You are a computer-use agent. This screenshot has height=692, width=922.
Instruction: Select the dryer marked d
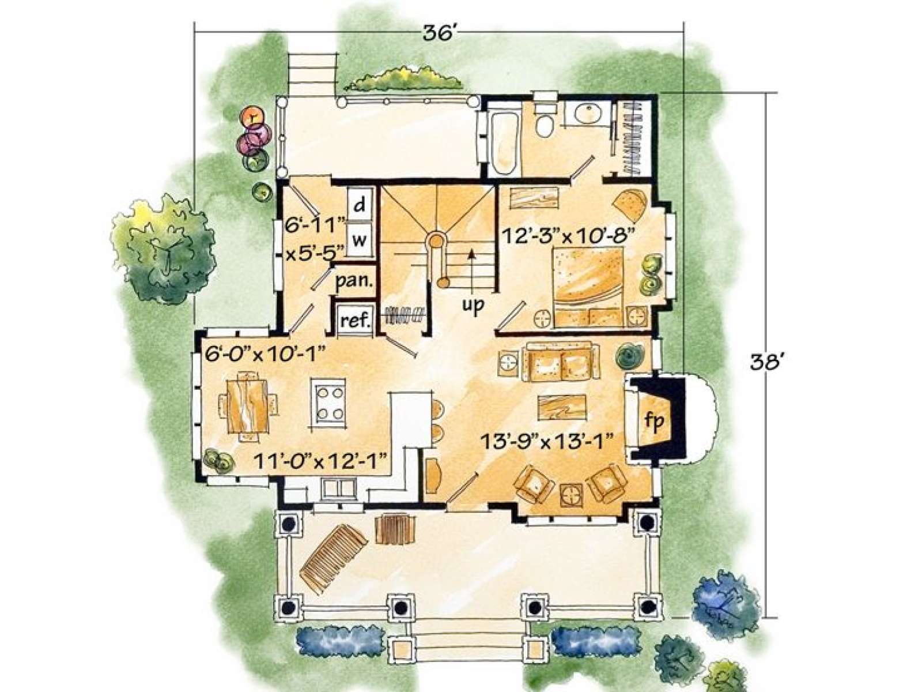point(359,206)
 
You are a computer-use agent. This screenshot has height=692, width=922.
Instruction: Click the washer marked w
point(359,240)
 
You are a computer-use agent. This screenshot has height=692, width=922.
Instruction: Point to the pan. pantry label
point(354,280)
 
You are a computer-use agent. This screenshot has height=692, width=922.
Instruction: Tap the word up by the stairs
point(474,304)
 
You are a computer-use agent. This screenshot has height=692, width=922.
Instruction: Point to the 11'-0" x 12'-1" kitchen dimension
point(320,461)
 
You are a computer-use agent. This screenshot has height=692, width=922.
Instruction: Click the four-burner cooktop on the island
point(329,402)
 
